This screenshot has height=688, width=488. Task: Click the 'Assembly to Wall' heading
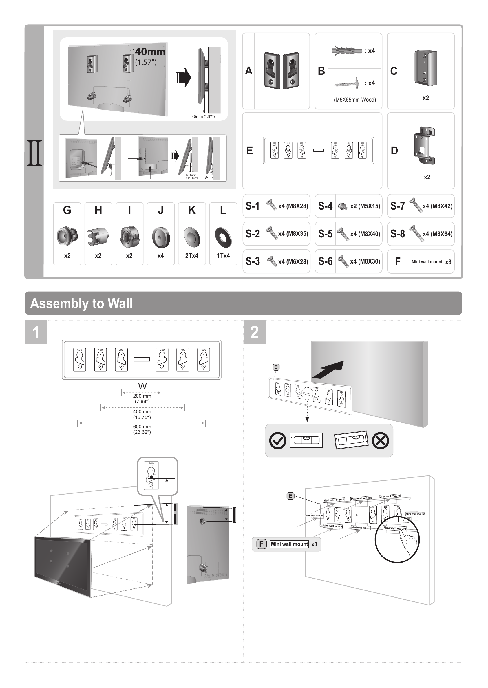pos(81,303)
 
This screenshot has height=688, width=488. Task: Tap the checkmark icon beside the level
pos(277,441)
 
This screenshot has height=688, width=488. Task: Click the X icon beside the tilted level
pos(380,441)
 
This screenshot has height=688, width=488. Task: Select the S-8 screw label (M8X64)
pos(437,234)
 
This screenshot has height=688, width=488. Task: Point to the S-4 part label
pos(326,206)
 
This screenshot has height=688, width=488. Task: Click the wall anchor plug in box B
pos(347,50)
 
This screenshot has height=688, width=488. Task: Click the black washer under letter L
pos(223,237)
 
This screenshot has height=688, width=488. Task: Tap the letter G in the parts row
pos(67,210)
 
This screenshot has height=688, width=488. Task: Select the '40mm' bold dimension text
pos(150,52)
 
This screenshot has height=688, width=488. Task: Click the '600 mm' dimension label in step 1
pos(142,427)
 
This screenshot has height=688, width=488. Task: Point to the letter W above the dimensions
pos(142,386)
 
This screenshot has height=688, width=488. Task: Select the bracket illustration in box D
pos(424,145)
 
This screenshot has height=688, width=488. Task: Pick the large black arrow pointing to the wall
pos(328,370)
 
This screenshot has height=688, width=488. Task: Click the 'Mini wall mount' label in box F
pos(427,262)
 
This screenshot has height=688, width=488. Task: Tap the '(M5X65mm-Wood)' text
pos(354,100)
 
